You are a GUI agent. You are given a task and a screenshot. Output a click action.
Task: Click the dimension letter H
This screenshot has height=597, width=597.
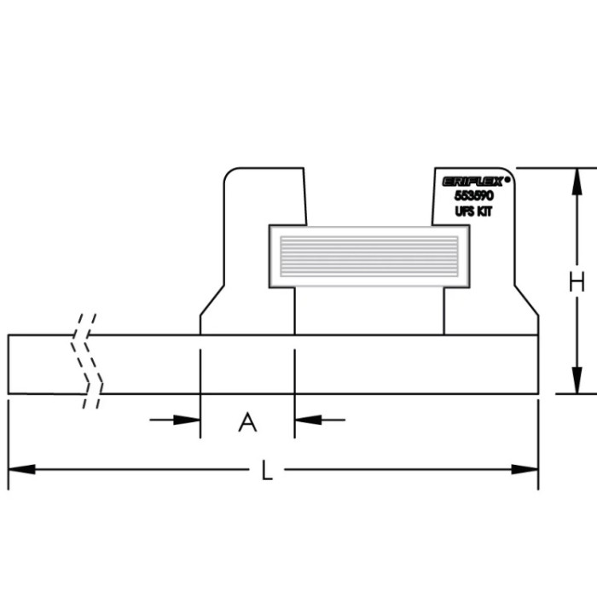coord(577,282)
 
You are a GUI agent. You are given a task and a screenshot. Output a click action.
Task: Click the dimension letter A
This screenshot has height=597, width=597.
coord(247,421)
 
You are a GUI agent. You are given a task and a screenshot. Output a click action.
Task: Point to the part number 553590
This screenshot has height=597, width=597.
coord(474,195)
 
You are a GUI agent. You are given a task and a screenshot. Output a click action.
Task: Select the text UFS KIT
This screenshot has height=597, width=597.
coord(474,210)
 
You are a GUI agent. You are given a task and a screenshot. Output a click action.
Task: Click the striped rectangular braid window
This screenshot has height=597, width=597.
coord(368,255)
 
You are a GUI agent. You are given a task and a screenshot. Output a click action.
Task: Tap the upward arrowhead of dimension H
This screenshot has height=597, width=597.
coord(577,178)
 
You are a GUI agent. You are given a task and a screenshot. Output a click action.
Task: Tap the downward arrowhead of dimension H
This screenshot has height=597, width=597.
coord(577,383)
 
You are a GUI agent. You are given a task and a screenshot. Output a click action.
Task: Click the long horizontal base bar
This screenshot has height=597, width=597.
coord(341,364)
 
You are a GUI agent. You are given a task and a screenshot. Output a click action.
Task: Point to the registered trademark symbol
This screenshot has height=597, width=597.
coord(507,179)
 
